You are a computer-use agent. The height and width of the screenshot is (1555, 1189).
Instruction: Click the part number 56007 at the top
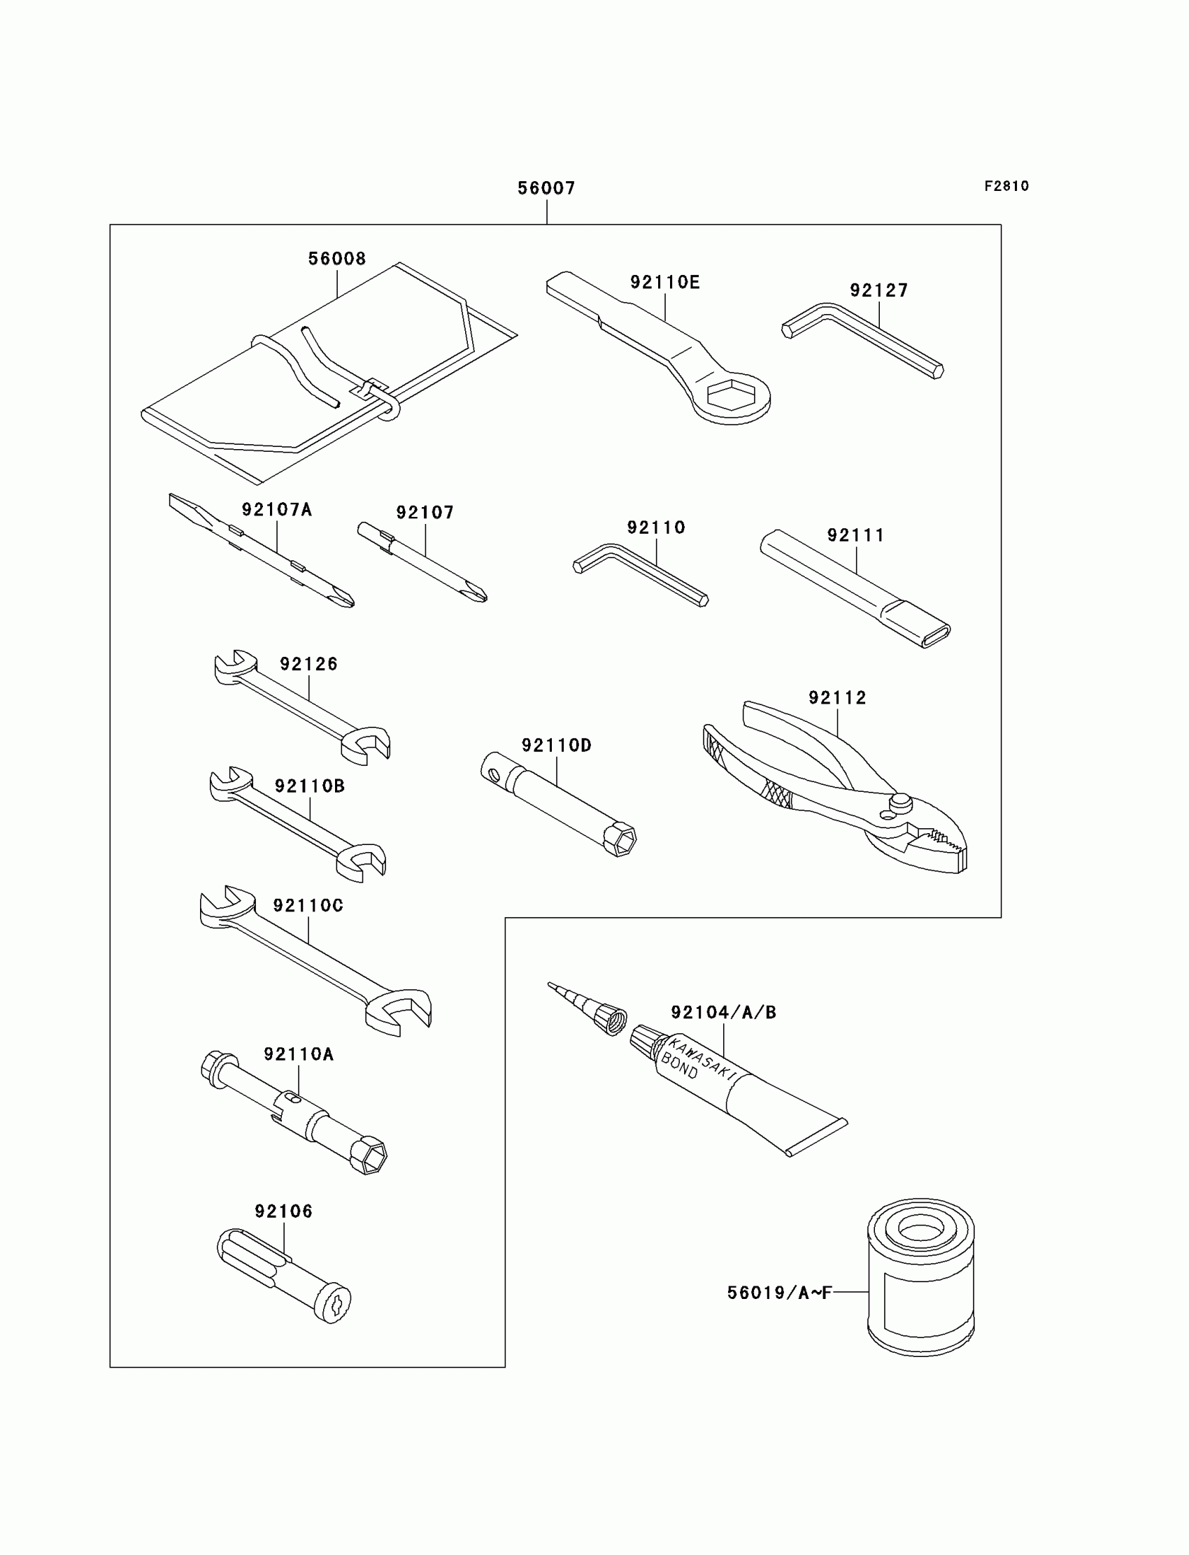(x=546, y=188)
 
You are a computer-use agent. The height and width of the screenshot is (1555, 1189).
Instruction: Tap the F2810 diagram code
(x=1006, y=186)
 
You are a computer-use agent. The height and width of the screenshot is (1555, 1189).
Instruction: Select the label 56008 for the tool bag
(x=337, y=259)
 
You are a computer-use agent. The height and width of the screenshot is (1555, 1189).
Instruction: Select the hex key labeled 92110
(x=641, y=574)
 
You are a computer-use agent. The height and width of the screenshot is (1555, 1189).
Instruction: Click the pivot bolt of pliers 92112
(x=899, y=801)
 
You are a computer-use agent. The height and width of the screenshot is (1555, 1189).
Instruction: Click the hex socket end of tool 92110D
(x=620, y=839)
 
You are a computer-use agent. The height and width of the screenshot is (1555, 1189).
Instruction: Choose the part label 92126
(x=308, y=664)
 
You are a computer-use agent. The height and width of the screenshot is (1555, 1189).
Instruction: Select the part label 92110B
(x=309, y=786)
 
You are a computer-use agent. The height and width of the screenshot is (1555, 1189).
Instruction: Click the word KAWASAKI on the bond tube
(x=702, y=1059)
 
